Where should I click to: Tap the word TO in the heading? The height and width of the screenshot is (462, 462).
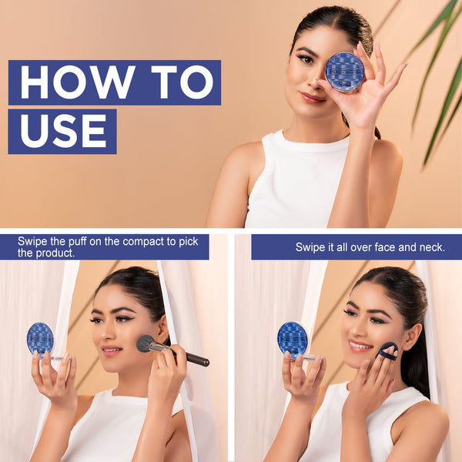point(182,82)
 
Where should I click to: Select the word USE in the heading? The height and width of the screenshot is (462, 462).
point(63,131)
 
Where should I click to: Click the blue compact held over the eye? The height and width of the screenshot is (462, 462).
point(345,72)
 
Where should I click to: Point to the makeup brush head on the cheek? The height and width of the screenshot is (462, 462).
point(146,343)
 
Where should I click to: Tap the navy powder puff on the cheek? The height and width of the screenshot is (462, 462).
point(387,351)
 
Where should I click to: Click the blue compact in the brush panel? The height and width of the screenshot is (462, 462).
point(40,339)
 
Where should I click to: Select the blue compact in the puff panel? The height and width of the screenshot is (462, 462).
point(293,340)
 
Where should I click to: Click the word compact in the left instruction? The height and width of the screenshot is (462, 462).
point(143,242)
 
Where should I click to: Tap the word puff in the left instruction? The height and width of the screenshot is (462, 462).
point(78,242)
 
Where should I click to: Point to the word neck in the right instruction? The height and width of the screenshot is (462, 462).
point(432,247)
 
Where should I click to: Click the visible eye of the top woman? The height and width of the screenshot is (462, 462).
point(306,59)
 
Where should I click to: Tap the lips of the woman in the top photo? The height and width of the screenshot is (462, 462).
point(312,98)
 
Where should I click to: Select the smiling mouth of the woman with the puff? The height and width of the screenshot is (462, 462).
point(360,345)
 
